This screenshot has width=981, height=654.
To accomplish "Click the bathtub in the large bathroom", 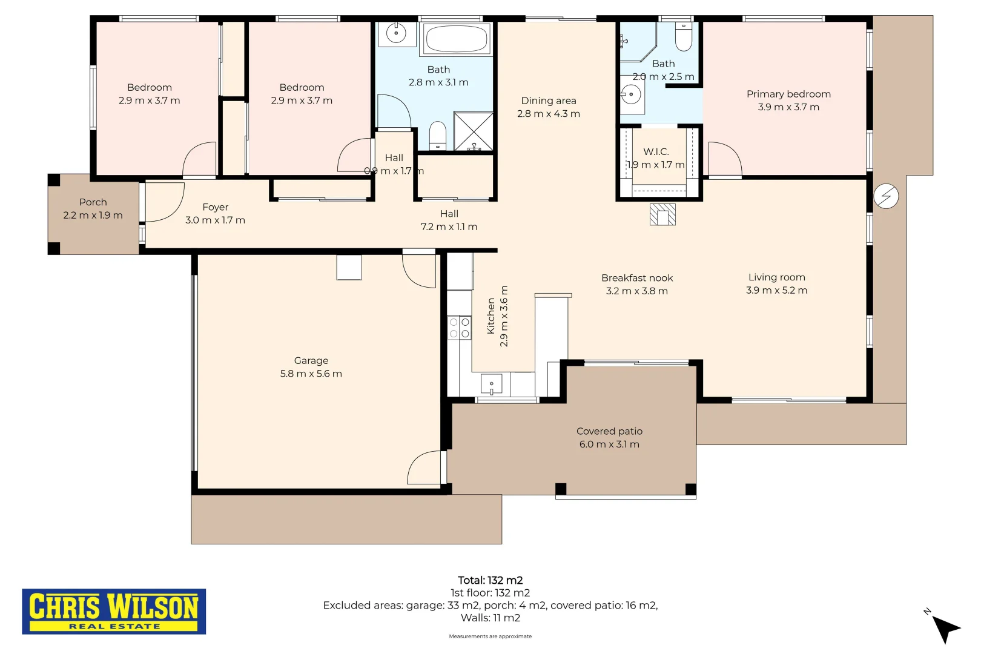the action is pos(456,39).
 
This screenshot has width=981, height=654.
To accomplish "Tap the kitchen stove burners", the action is pos(460,328).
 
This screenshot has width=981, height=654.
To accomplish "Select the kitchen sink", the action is pos(491,384).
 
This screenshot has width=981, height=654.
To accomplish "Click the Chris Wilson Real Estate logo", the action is pos(114,611).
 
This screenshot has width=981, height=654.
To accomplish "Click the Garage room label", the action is pos(311,360).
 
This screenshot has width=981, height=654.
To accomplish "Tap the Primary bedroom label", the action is pos(788,94).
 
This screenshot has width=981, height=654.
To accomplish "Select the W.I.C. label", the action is pos(656,151).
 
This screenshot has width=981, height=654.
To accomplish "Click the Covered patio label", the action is pos(609,431).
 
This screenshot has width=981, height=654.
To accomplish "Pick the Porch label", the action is pos(93,202).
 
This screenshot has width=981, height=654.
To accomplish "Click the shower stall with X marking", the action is pos(474,131).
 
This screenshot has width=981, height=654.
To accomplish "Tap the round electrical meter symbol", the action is pos(886,196).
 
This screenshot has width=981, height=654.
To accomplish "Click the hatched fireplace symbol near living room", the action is pos(662,214).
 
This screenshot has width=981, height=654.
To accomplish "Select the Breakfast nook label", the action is pos(637,278).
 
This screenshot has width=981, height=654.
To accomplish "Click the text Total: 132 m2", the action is pos(490,580).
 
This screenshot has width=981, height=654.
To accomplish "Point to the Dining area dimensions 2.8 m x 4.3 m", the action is pos(548,113).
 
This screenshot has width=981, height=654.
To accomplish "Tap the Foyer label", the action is pos(215,206).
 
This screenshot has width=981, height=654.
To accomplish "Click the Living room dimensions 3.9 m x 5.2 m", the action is pos(776,290).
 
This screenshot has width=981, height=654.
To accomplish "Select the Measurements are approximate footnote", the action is pos(490,636).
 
